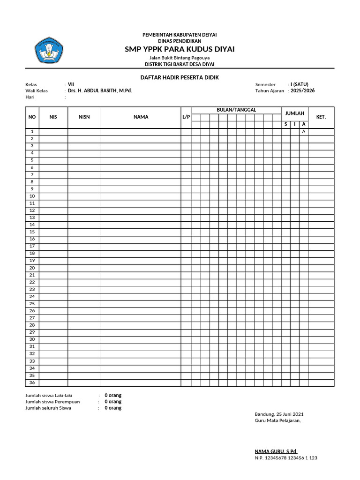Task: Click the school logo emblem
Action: click(x=49, y=52)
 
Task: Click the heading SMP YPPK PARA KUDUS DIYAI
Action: click(x=180, y=49)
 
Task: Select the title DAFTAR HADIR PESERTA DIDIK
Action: click(x=180, y=77)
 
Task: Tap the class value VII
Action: click(x=71, y=84)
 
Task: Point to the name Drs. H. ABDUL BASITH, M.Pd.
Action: click(x=100, y=91)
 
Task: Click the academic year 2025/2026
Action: click(x=302, y=91)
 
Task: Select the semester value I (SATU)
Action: click(x=299, y=84)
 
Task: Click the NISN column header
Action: click(x=84, y=117)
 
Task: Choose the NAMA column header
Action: click(x=141, y=117)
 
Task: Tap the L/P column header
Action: click(x=186, y=117)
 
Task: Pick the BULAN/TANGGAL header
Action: click(x=236, y=110)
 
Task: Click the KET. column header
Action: click(x=321, y=117)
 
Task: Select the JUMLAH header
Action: click(x=295, y=113)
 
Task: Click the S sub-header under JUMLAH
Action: click(x=285, y=124)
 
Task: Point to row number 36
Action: click(x=32, y=383)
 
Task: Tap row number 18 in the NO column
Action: click(x=32, y=254)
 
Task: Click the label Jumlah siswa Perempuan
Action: click(x=52, y=402)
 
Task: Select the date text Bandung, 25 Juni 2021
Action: click(x=279, y=414)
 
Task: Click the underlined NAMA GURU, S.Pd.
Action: click(x=276, y=451)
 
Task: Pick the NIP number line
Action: click(x=285, y=458)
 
